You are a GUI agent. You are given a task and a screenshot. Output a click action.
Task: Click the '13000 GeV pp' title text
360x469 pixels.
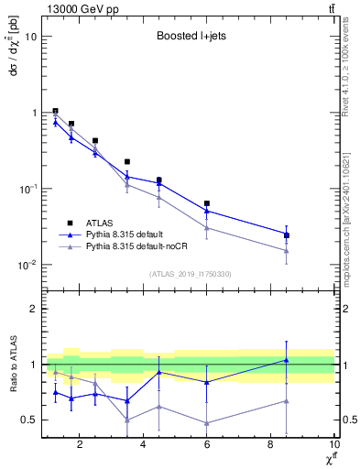coord(79,8)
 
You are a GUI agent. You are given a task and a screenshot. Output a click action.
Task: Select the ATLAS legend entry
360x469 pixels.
coord(97,223)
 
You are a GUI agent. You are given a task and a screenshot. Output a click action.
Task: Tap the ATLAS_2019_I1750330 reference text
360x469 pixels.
coord(190,274)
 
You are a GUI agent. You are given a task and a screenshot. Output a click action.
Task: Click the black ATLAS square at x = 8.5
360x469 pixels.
coord(287,235)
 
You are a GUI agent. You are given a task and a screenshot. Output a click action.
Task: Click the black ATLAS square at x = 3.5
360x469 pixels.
coord(127,161)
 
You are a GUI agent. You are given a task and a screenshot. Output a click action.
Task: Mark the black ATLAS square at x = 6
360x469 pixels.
coord(207,203)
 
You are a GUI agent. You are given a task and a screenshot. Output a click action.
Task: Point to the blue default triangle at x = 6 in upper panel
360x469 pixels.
coord(207,211)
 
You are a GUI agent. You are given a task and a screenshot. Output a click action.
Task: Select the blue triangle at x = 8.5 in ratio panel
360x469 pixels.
coord(287,360)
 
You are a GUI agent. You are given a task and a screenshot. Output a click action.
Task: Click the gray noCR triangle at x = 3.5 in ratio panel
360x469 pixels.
coord(127,420)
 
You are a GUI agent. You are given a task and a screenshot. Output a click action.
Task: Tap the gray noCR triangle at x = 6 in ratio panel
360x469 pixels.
coord(207,422)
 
